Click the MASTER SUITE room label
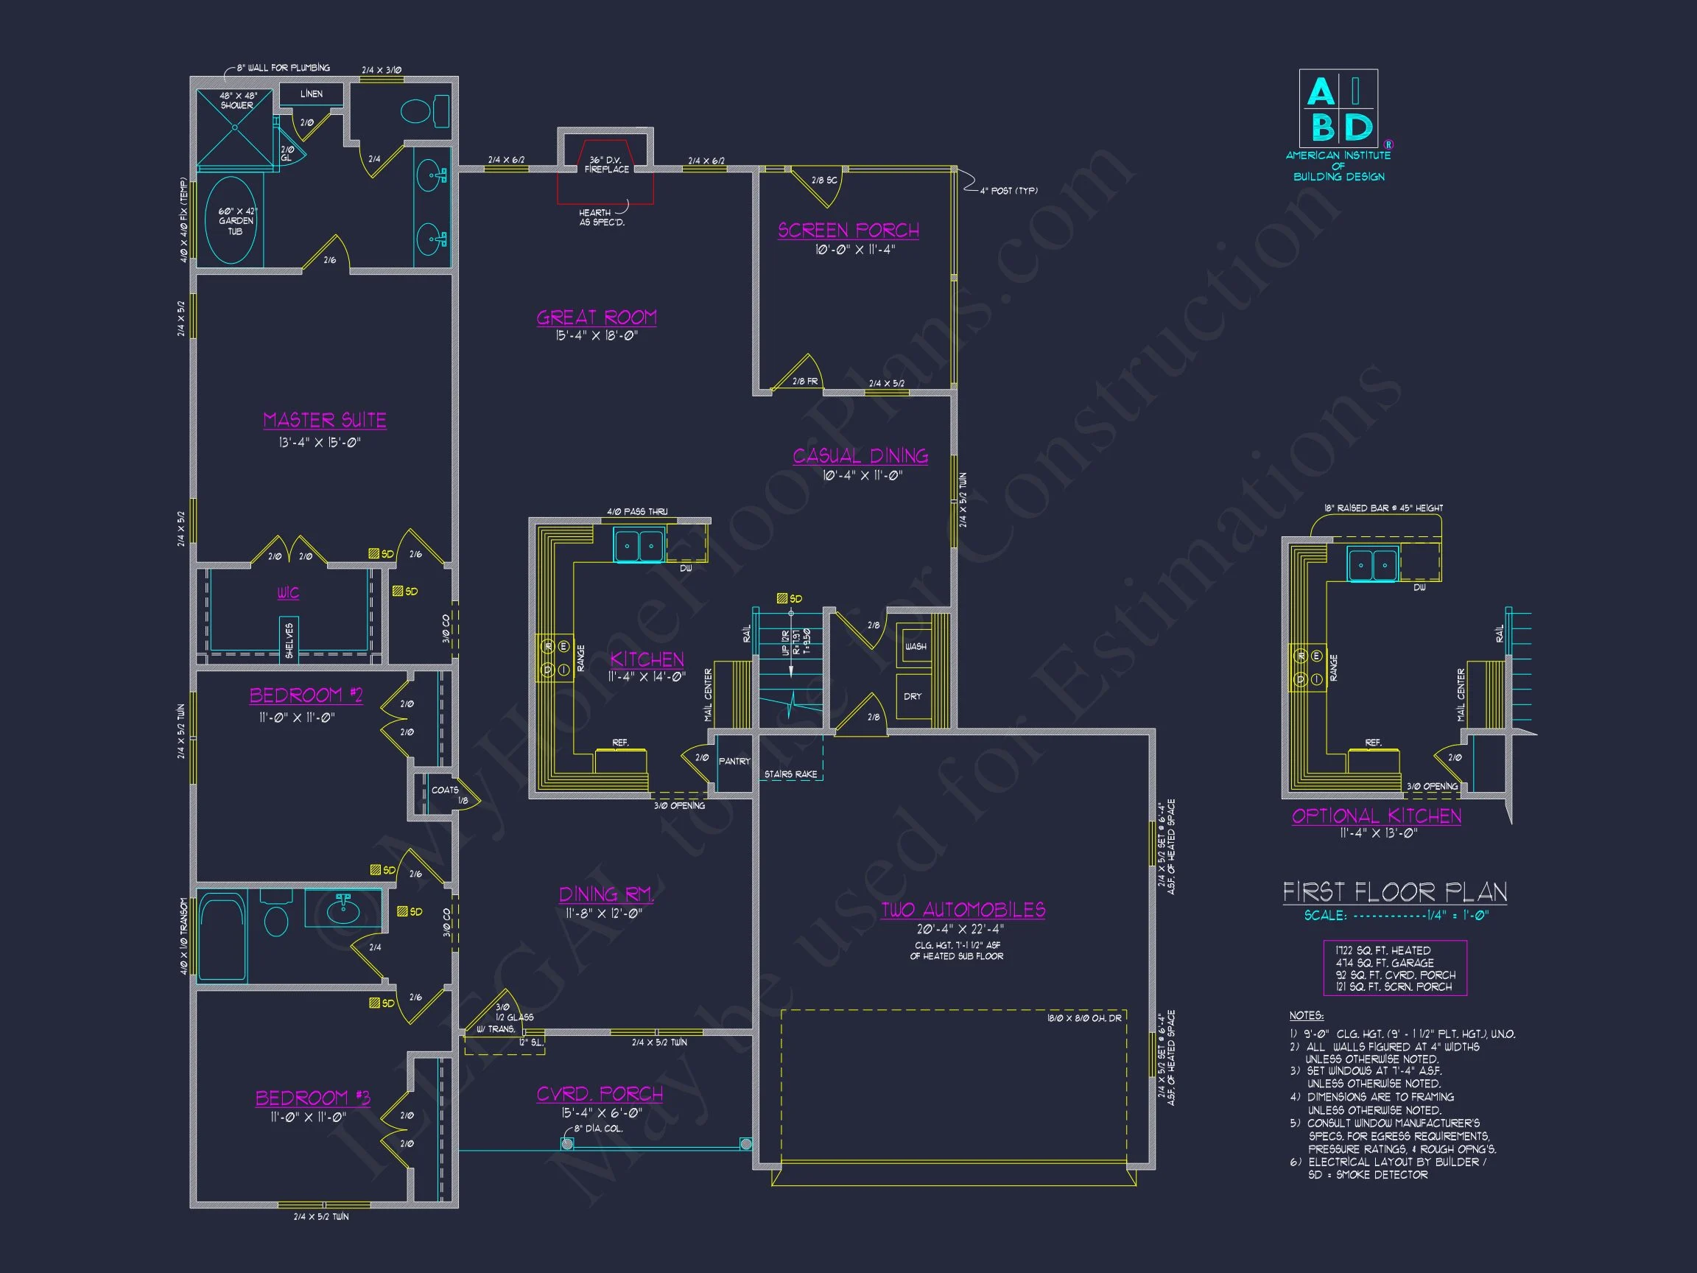coord(325,421)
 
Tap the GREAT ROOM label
coord(597,318)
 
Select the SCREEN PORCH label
coord(848,230)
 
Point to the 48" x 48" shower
coord(236,129)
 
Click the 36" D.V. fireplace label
coord(606,164)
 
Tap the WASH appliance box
coord(915,646)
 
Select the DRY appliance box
coord(913,696)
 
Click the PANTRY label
coord(734,761)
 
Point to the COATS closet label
coord(445,790)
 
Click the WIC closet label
coord(289,593)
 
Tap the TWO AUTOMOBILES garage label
coord(963,910)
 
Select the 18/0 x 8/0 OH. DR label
coord(1084,1018)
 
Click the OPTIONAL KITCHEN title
coord(1377,816)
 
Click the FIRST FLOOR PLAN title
coord(1395,891)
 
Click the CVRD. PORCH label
coord(599,1094)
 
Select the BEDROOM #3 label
coord(313,1098)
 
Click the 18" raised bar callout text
coord(1383,508)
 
